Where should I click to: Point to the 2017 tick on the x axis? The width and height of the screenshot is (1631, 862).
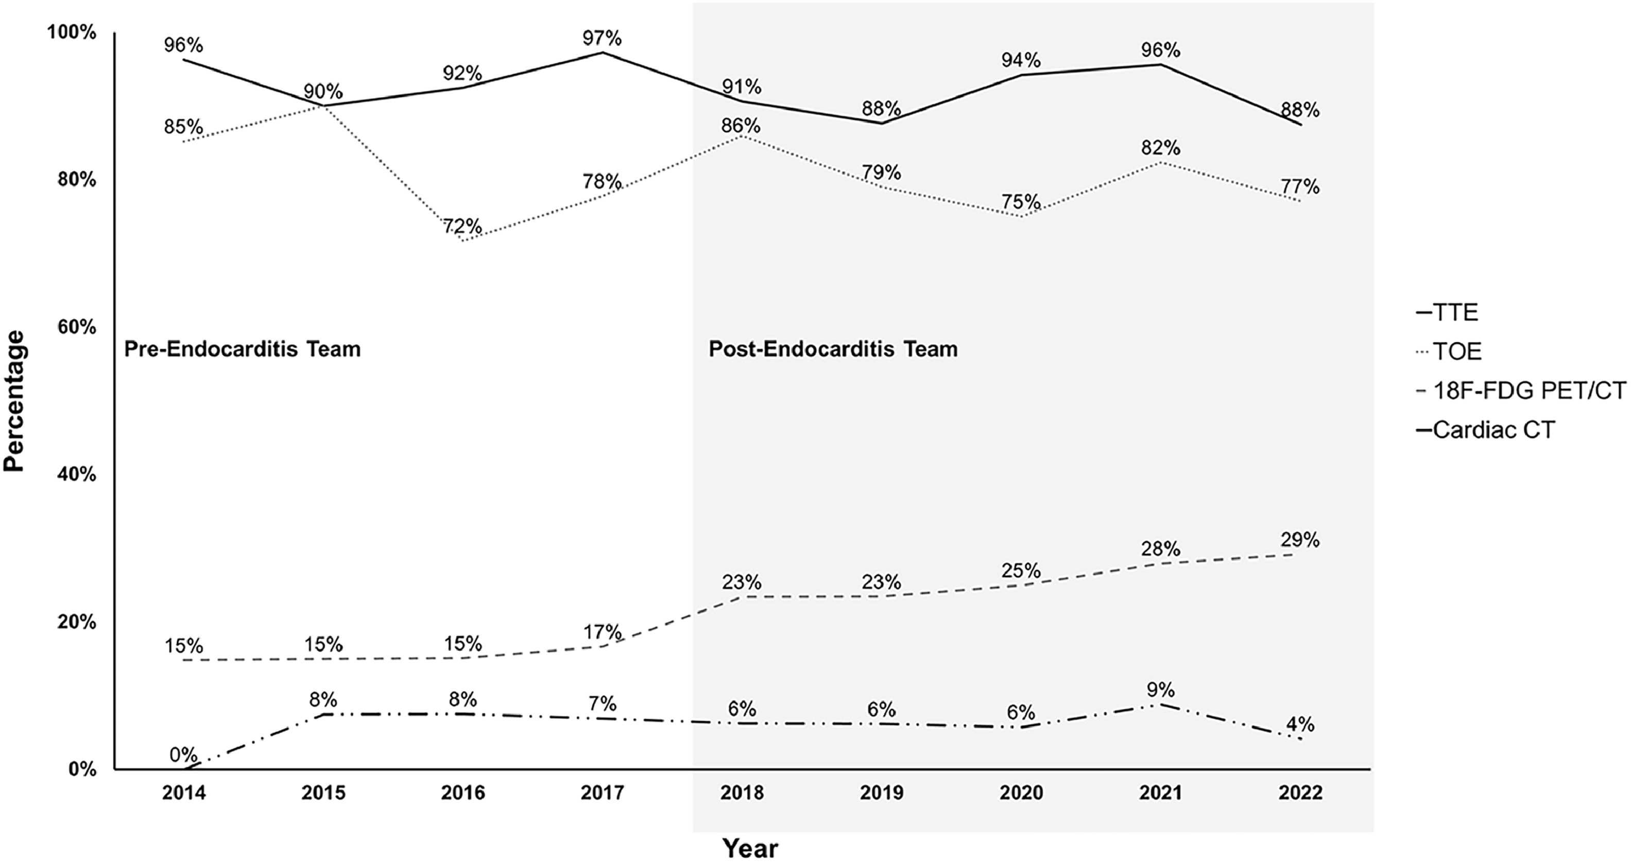click(x=602, y=792)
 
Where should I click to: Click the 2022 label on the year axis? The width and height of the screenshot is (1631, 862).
click(x=1300, y=792)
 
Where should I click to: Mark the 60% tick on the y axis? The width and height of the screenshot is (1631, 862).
click(x=77, y=327)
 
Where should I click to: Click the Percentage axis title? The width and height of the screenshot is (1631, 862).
click(x=14, y=401)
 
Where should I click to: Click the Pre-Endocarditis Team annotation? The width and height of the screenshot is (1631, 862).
click(x=242, y=349)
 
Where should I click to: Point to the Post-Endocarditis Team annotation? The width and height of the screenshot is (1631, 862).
click(x=833, y=349)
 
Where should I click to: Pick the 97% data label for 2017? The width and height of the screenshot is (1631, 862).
click(x=602, y=39)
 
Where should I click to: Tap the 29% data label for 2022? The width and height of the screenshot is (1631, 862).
click(x=1300, y=540)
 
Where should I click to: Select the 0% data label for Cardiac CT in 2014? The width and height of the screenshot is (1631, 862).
click(x=184, y=754)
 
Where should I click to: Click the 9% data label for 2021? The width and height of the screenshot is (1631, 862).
click(x=1161, y=689)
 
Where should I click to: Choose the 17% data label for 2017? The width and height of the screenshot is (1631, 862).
click(x=602, y=632)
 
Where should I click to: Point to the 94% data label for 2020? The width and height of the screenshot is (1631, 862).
click(x=1021, y=60)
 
